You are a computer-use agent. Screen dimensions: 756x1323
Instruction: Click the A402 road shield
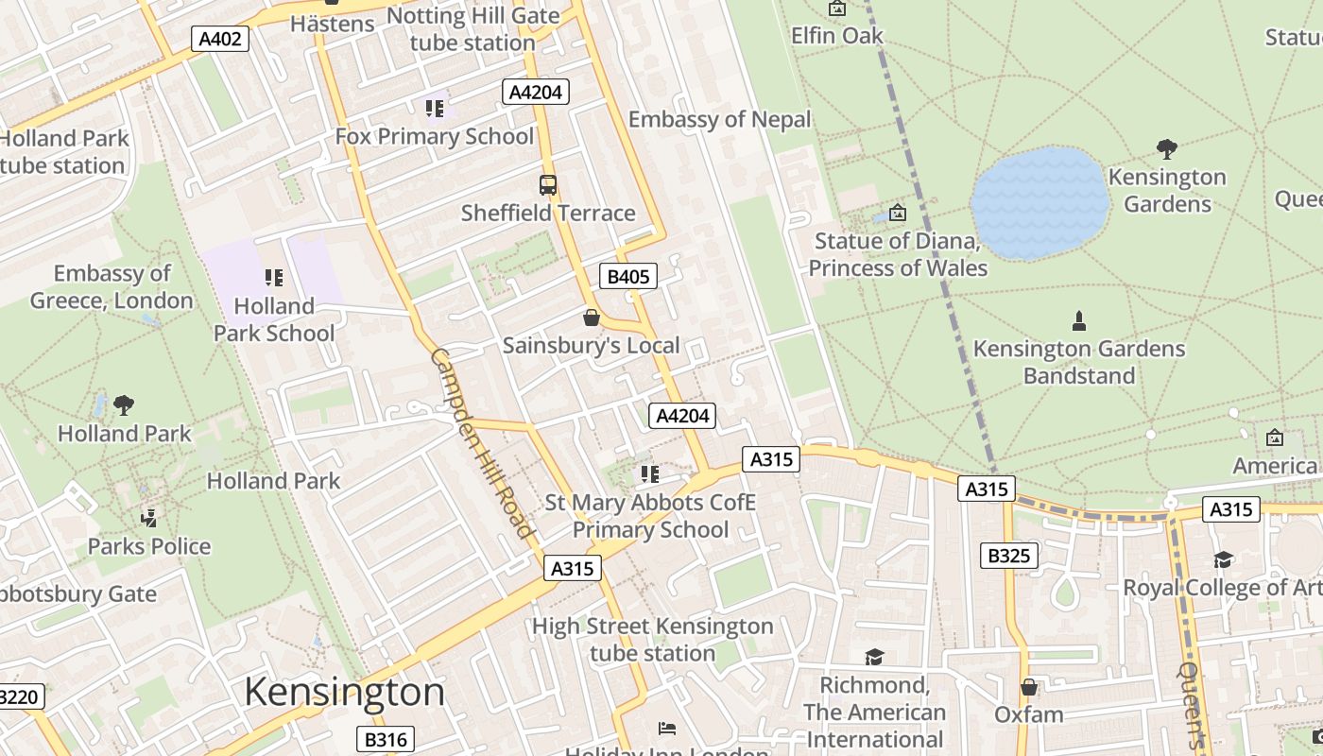(220, 39)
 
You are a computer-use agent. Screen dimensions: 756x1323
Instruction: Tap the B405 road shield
(627, 276)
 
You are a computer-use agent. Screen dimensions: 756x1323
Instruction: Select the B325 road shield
(1007, 556)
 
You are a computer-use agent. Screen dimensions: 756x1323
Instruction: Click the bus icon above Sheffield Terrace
(548, 185)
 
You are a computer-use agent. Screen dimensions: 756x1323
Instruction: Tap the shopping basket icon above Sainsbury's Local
(592, 318)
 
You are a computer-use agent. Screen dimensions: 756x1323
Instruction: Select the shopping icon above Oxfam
(1029, 687)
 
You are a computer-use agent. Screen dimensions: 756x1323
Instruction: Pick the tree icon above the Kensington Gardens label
(1167, 149)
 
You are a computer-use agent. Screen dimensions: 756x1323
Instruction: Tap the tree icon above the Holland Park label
(124, 406)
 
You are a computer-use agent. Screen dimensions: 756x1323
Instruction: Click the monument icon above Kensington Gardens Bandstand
(1079, 321)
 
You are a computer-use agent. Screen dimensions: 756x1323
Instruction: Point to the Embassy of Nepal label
(719, 120)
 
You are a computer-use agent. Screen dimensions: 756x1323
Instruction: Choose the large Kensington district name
(344, 692)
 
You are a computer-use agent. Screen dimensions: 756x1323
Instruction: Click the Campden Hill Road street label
(482, 442)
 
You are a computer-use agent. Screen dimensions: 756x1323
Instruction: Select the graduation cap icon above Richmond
(874, 657)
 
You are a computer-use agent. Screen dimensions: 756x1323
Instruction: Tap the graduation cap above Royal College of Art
(1224, 560)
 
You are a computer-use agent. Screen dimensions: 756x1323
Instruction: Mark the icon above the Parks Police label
(148, 519)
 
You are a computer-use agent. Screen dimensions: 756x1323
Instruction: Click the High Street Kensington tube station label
(652, 639)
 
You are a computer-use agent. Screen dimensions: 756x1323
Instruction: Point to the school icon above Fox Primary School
(435, 109)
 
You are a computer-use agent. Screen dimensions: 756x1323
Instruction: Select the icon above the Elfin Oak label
(837, 9)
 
